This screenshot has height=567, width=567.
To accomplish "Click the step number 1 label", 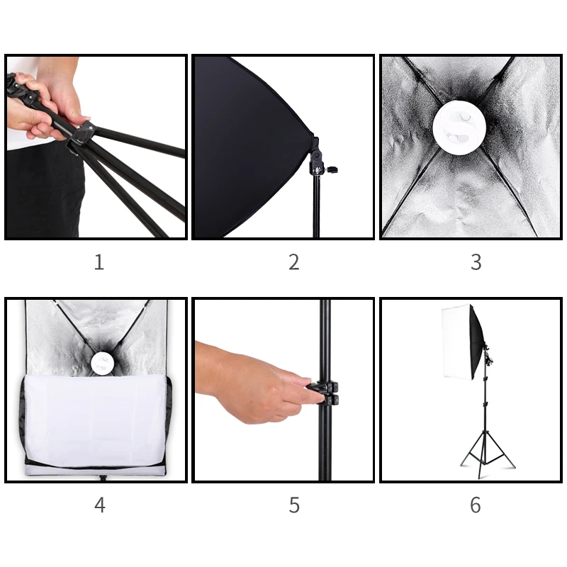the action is [99, 262].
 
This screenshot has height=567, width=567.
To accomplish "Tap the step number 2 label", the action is [294, 262].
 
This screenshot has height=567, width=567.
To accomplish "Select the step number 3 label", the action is [476, 262].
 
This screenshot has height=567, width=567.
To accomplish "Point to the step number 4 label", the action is [100, 505].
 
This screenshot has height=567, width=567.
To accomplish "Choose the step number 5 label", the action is [294, 505].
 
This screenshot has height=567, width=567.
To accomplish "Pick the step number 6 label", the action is [476, 505].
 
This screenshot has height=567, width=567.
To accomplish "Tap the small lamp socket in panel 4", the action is [101, 363].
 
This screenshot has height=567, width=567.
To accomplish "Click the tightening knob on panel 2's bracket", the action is [332, 169].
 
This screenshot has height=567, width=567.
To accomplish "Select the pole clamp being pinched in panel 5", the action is [327, 393].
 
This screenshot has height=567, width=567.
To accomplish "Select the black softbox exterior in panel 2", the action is [249, 147].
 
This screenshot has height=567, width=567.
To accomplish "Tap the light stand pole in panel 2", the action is [316, 206].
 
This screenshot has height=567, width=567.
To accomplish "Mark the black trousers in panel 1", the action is [45, 190].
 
